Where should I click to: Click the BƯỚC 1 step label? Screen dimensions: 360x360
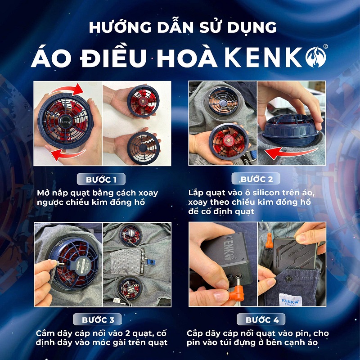tap(101, 179)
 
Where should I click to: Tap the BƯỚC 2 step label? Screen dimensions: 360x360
tap(256, 179)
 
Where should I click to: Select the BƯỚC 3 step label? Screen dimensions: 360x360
tap(97, 319)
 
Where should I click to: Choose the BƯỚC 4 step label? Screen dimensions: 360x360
tap(261, 319)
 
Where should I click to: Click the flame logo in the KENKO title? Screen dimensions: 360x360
tap(315, 57)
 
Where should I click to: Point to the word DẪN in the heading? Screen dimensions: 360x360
tap(175, 27)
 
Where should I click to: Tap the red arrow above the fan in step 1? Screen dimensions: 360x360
tap(67, 90)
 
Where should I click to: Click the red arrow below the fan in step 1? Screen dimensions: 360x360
tap(67, 154)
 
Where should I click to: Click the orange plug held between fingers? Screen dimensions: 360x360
tap(237, 294)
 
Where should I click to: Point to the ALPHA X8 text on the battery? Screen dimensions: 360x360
tap(296, 252)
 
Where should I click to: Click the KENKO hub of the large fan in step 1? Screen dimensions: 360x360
tap(65, 121)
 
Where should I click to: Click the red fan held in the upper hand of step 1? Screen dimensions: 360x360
tap(143, 101)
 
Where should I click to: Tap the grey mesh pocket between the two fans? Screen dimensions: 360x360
tap(126, 261)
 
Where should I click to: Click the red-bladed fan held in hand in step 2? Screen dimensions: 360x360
tap(229, 142)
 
